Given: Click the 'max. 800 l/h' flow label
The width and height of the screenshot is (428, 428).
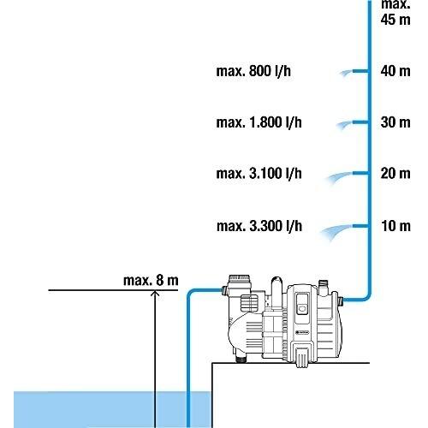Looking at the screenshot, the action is (253, 71).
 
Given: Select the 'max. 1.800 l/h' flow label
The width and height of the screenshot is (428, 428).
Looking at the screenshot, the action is (259, 122).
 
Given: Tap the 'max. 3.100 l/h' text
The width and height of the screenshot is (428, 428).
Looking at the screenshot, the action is (259, 173).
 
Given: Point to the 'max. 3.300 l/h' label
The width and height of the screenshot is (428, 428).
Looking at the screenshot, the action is (259, 226).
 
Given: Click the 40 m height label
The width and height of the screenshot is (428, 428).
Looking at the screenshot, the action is (395, 71).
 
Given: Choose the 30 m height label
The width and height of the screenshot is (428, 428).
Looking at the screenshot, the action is (395, 122).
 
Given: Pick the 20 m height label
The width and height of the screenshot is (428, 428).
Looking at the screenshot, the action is (395, 173).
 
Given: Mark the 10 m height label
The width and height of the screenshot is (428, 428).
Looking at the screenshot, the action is (395, 226).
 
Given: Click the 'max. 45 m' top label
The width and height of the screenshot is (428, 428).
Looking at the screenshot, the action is (395, 12).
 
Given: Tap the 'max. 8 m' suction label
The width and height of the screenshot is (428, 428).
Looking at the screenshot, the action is (151, 280).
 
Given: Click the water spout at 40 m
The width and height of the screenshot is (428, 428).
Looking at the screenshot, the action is (346, 73).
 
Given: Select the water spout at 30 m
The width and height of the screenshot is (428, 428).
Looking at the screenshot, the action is (344, 125).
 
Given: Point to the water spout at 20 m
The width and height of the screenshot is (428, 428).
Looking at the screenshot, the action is (339, 178).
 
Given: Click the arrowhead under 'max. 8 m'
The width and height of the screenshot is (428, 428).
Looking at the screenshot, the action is (155, 293).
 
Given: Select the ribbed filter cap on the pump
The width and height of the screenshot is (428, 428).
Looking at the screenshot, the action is (240, 282).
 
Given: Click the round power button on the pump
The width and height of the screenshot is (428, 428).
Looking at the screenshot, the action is (302, 308).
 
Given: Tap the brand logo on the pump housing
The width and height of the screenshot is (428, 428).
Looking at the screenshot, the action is (302, 332).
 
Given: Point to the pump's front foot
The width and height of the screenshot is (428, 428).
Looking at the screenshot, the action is (302, 357).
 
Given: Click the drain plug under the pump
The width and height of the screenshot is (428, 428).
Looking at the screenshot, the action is (241, 358).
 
